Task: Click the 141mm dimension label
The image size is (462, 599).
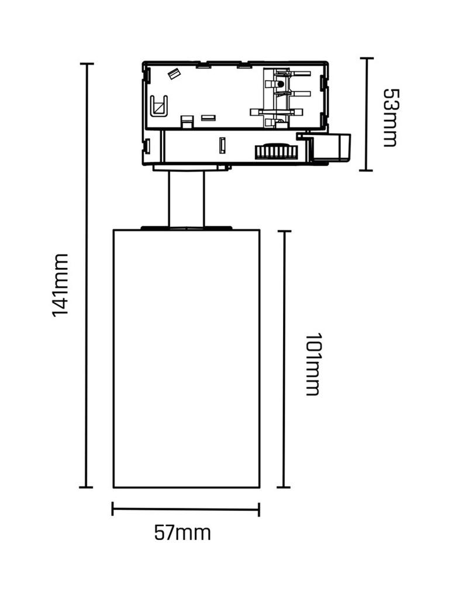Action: click(60, 285)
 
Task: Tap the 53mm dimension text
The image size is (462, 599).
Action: click(390, 118)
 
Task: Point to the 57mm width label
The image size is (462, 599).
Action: click(182, 532)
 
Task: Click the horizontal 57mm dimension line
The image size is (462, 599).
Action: click(185, 510)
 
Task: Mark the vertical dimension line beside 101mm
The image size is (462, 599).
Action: click(284, 359)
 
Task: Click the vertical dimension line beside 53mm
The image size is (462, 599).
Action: click(366, 114)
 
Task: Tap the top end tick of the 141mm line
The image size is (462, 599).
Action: click(87, 64)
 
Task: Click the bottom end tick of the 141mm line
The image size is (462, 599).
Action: click(86, 487)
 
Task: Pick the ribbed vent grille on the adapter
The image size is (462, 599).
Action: click(276, 151)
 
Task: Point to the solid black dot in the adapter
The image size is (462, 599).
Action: click(281, 84)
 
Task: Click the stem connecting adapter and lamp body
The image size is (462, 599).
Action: click(187, 199)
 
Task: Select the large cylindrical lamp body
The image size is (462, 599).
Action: click(187, 359)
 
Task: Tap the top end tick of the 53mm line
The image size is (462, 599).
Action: click(367, 58)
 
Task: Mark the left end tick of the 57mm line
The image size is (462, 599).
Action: click(112, 509)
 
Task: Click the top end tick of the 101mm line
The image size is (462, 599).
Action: click(284, 231)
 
